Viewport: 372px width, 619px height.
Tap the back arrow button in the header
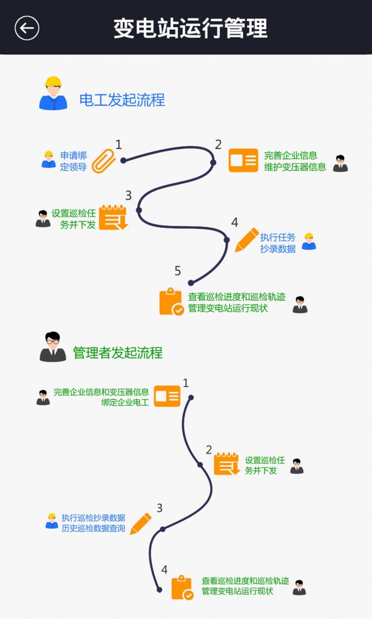click(27, 28)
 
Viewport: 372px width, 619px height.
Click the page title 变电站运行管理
click(190, 28)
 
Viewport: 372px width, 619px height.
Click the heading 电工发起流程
click(122, 100)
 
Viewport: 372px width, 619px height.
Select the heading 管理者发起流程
click(118, 353)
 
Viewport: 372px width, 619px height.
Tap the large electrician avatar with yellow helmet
click(53, 93)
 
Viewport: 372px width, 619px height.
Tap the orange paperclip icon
click(104, 160)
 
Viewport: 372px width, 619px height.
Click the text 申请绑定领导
click(73, 161)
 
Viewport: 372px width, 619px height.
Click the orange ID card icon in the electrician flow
click(243, 160)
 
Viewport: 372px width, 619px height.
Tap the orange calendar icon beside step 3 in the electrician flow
click(113, 218)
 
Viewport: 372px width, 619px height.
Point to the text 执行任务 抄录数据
click(277, 243)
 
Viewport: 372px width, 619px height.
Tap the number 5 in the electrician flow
click(178, 271)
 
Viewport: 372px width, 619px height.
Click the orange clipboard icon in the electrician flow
click(171, 301)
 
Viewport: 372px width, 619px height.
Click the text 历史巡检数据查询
click(93, 528)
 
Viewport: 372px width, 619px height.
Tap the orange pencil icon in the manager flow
click(141, 523)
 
